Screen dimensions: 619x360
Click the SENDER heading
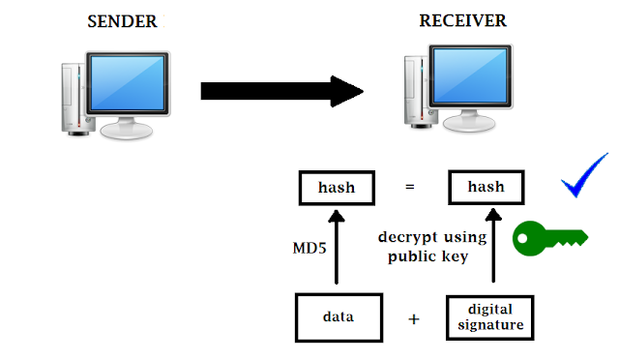tap(122, 21)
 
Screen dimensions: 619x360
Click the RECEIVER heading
tap(462, 20)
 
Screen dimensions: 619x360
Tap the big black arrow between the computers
tap(281, 91)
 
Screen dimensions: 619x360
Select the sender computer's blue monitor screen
tap(128, 82)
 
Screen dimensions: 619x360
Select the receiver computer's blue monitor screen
tap(470, 75)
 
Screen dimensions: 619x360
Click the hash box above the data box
tap(337, 188)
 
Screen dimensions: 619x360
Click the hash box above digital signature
tap(486, 187)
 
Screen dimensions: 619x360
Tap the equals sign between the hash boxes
tap(410, 187)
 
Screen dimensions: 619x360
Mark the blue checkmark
tap(584, 175)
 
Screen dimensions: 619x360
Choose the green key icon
tap(550, 238)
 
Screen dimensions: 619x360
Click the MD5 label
tap(309, 248)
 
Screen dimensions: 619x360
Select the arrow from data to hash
tap(337, 247)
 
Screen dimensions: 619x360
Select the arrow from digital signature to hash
tap(493, 246)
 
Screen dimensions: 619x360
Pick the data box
tap(339, 317)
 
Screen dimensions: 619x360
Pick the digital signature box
tap(490, 317)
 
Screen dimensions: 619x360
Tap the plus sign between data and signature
tap(414, 319)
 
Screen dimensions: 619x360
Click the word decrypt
tap(408, 237)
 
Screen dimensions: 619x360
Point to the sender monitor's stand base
tap(127, 131)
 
